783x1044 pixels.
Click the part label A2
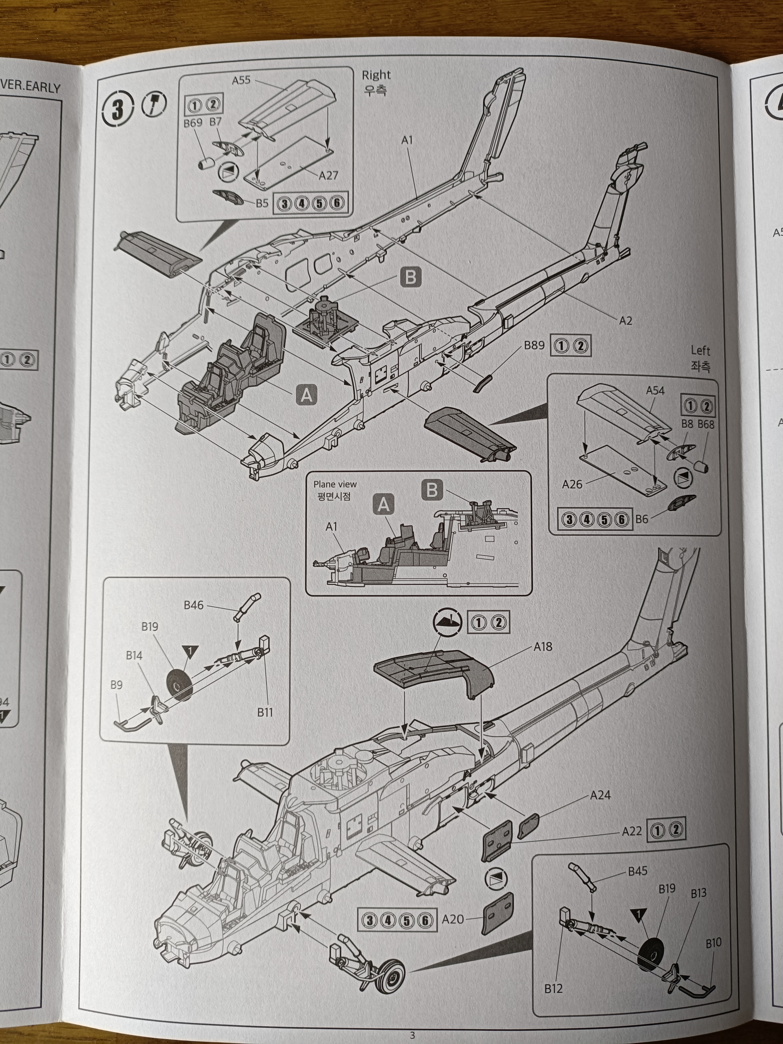point(625,320)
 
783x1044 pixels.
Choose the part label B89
point(534,345)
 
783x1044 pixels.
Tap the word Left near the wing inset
point(700,351)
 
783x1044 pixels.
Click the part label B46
point(193,605)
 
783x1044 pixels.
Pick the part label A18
point(543,647)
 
